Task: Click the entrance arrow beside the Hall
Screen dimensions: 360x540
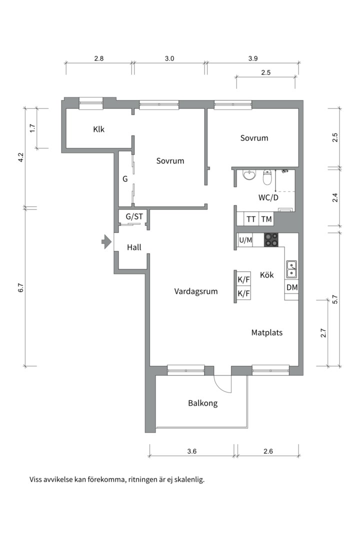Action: click(x=106, y=242)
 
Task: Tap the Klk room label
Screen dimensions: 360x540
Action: click(x=99, y=129)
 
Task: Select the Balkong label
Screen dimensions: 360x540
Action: click(x=203, y=403)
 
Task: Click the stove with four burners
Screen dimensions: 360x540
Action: click(x=271, y=239)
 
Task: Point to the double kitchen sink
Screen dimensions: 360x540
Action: click(x=291, y=269)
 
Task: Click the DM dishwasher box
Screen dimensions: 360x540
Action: click(x=292, y=287)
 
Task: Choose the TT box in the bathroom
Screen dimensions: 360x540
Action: click(x=251, y=219)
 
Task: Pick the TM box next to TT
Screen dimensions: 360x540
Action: click(x=266, y=219)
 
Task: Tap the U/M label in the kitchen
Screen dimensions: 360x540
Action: click(x=245, y=240)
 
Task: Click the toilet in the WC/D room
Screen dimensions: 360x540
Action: click(x=267, y=177)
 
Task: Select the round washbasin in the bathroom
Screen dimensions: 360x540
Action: click(x=249, y=175)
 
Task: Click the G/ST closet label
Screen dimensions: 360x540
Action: click(x=134, y=216)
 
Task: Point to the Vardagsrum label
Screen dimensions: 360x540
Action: click(x=196, y=291)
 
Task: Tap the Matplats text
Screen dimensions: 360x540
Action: click(x=267, y=332)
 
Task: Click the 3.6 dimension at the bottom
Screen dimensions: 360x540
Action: click(x=192, y=451)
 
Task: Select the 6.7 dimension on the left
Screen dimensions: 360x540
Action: click(x=20, y=287)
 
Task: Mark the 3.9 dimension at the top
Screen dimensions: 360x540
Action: click(x=253, y=58)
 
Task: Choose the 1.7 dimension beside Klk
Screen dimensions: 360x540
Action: click(x=32, y=128)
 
